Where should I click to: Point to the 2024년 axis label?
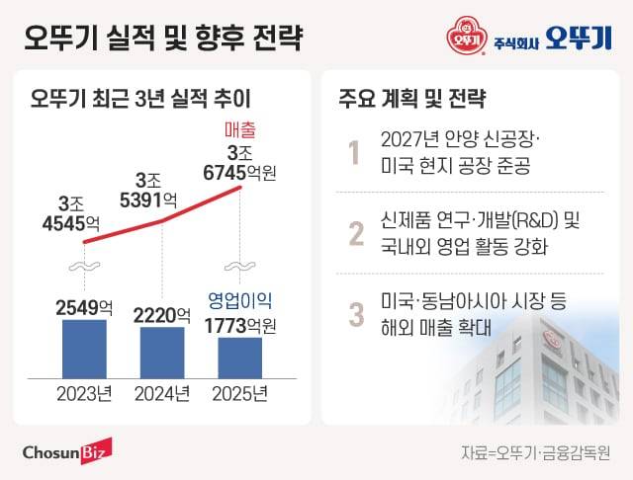point(160,396)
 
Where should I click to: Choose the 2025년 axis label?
point(240,396)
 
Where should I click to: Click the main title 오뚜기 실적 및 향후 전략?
point(162,38)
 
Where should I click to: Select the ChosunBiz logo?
point(67,449)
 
